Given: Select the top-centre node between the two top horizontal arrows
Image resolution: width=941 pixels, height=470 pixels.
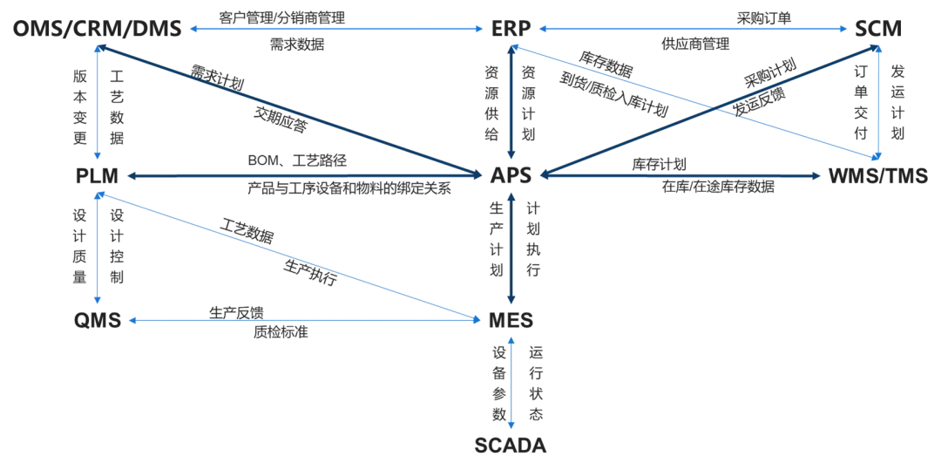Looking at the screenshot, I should coord(510,29).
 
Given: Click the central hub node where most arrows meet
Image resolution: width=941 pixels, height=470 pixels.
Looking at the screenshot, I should coord(511,175).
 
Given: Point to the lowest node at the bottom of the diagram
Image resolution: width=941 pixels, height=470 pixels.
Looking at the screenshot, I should coord(511,444).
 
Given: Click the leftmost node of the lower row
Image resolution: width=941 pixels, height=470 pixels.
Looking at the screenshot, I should coord(95,321).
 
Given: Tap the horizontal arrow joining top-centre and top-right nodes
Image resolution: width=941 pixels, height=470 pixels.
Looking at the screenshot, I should coord(693,29).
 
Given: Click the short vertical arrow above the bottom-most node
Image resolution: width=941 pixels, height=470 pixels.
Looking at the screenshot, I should coord(511,384).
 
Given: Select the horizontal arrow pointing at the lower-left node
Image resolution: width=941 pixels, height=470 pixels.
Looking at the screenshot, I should coord(305,321).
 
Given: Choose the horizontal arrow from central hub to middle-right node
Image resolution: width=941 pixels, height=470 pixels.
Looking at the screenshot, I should coord(680,176).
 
